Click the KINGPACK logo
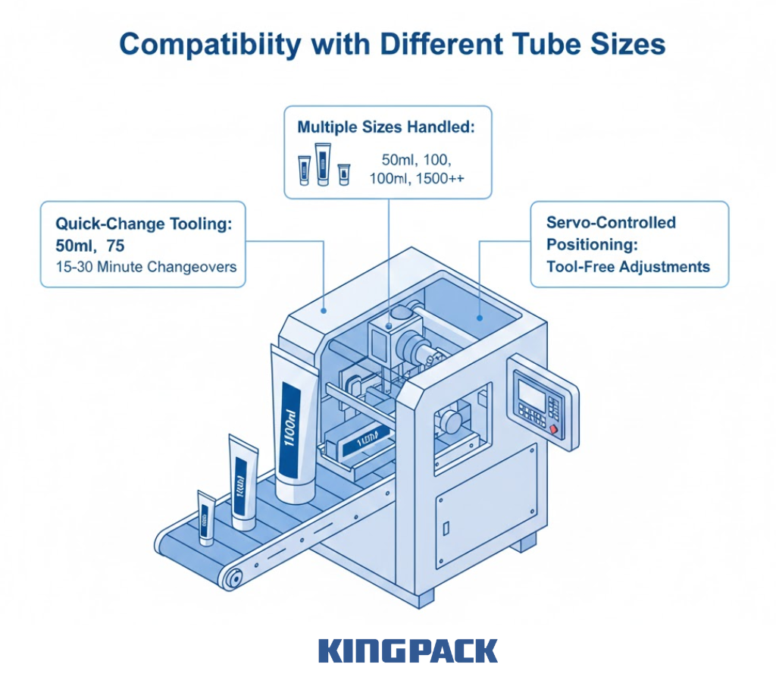coord(408,651)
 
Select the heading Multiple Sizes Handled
coord(386,127)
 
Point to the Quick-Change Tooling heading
coord(142,224)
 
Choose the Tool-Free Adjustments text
coord(628,266)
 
